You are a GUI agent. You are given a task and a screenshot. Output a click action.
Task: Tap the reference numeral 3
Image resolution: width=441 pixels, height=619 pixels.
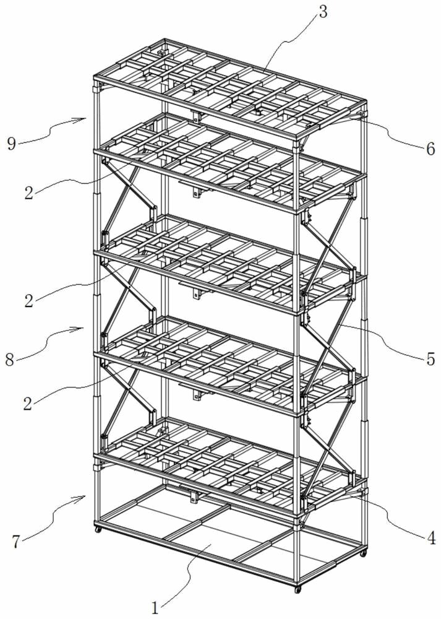(x=323, y=12)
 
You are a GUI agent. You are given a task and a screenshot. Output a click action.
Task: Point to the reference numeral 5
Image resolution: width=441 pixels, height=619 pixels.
(x=430, y=359)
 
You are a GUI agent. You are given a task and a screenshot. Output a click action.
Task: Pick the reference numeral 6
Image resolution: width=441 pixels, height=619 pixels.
(x=430, y=149)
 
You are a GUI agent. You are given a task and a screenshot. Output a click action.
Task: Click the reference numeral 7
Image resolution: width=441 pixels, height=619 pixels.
(x=16, y=542)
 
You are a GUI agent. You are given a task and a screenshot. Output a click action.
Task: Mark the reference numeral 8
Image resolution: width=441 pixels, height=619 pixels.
(x=11, y=360)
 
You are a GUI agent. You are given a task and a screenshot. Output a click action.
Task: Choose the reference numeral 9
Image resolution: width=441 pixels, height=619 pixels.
(x=11, y=144)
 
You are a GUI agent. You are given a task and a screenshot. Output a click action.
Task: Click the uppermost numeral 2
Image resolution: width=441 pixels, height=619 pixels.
(x=28, y=193)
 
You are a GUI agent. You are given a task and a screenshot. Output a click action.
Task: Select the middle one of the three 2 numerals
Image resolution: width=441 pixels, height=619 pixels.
(x=28, y=301)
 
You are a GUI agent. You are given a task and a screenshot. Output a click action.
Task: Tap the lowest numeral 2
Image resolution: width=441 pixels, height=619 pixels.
(x=28, y=404)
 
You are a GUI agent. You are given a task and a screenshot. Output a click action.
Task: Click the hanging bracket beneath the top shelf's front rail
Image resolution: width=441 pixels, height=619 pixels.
(x=197, y=117)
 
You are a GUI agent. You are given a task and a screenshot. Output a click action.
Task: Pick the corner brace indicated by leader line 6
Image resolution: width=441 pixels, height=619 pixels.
(x=352, y=118)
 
